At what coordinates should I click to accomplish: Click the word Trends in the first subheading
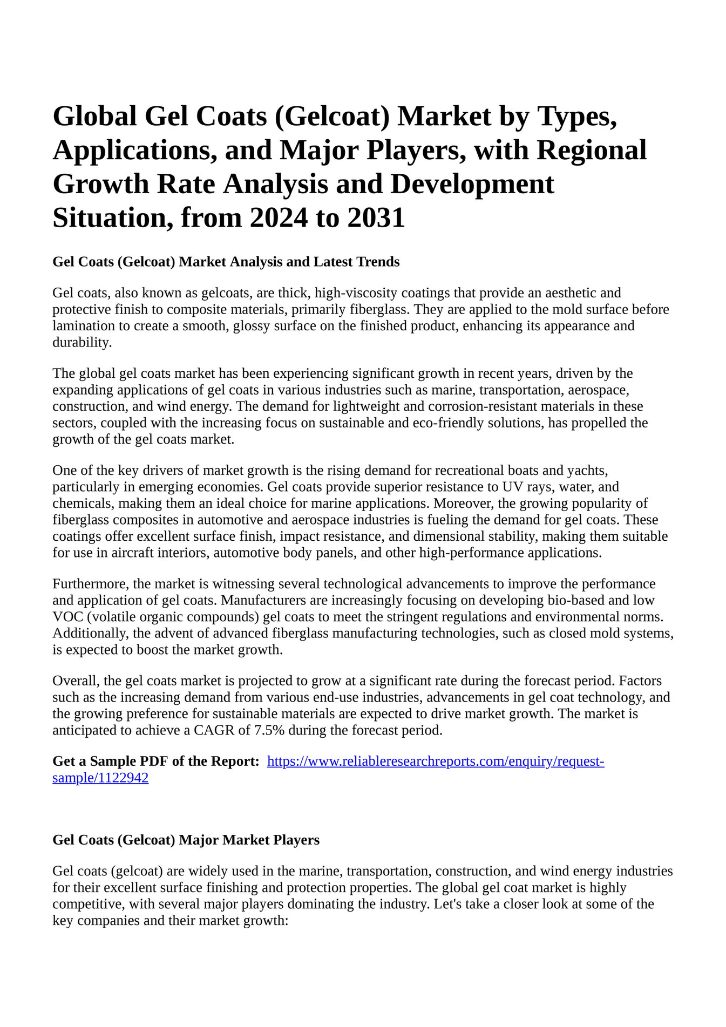click(378, 262)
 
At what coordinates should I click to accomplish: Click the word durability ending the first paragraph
click(82, 342)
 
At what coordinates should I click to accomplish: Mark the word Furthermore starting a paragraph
click(90, 584)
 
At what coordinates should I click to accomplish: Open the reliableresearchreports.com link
click(435, 761)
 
